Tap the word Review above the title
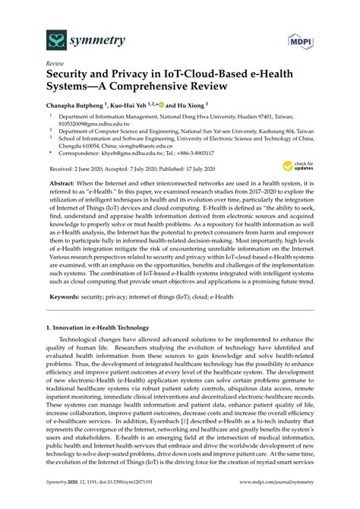(x=55, y=65)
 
